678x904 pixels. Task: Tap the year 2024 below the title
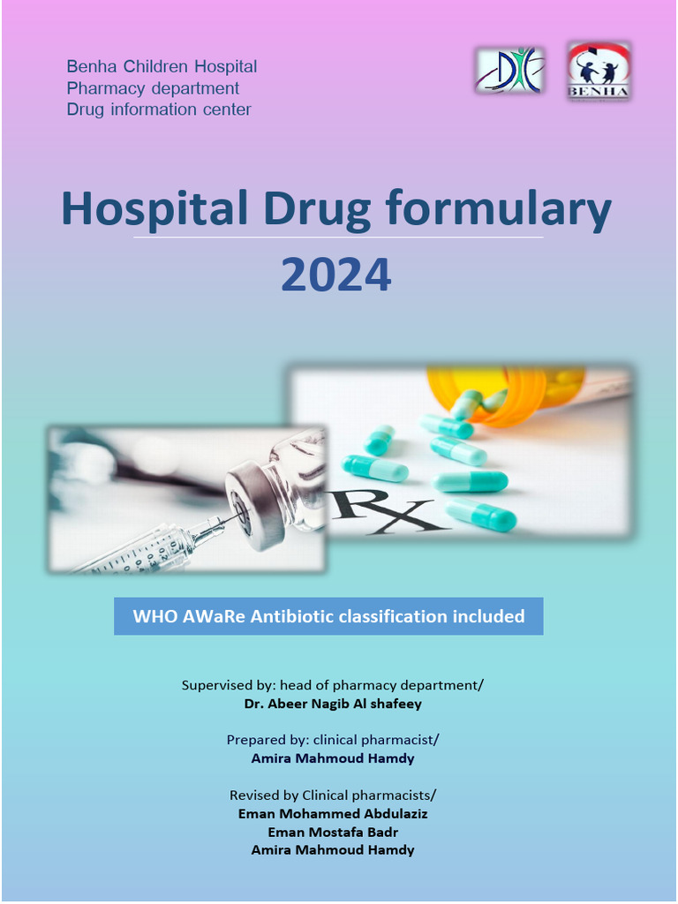tap(336, 275)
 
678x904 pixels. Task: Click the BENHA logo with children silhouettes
tap(598, 71)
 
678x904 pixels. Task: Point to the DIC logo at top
tap(510, 71)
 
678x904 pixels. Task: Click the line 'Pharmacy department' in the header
tap(153, 88)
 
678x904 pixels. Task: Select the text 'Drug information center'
tap(159, 109)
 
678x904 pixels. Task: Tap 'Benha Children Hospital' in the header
tap(162, 67)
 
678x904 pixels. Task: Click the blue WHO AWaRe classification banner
tap(328, 616)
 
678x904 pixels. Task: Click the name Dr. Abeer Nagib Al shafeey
tap(333, 704)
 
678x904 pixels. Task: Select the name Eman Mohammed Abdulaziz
tap(333, 814)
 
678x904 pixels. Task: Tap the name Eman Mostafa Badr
tap(333, 832)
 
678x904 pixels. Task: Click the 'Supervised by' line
tap(333, 685)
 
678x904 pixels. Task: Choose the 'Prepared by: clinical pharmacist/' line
tap(333, 740)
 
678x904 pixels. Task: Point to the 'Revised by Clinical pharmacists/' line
tap(333, 795)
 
